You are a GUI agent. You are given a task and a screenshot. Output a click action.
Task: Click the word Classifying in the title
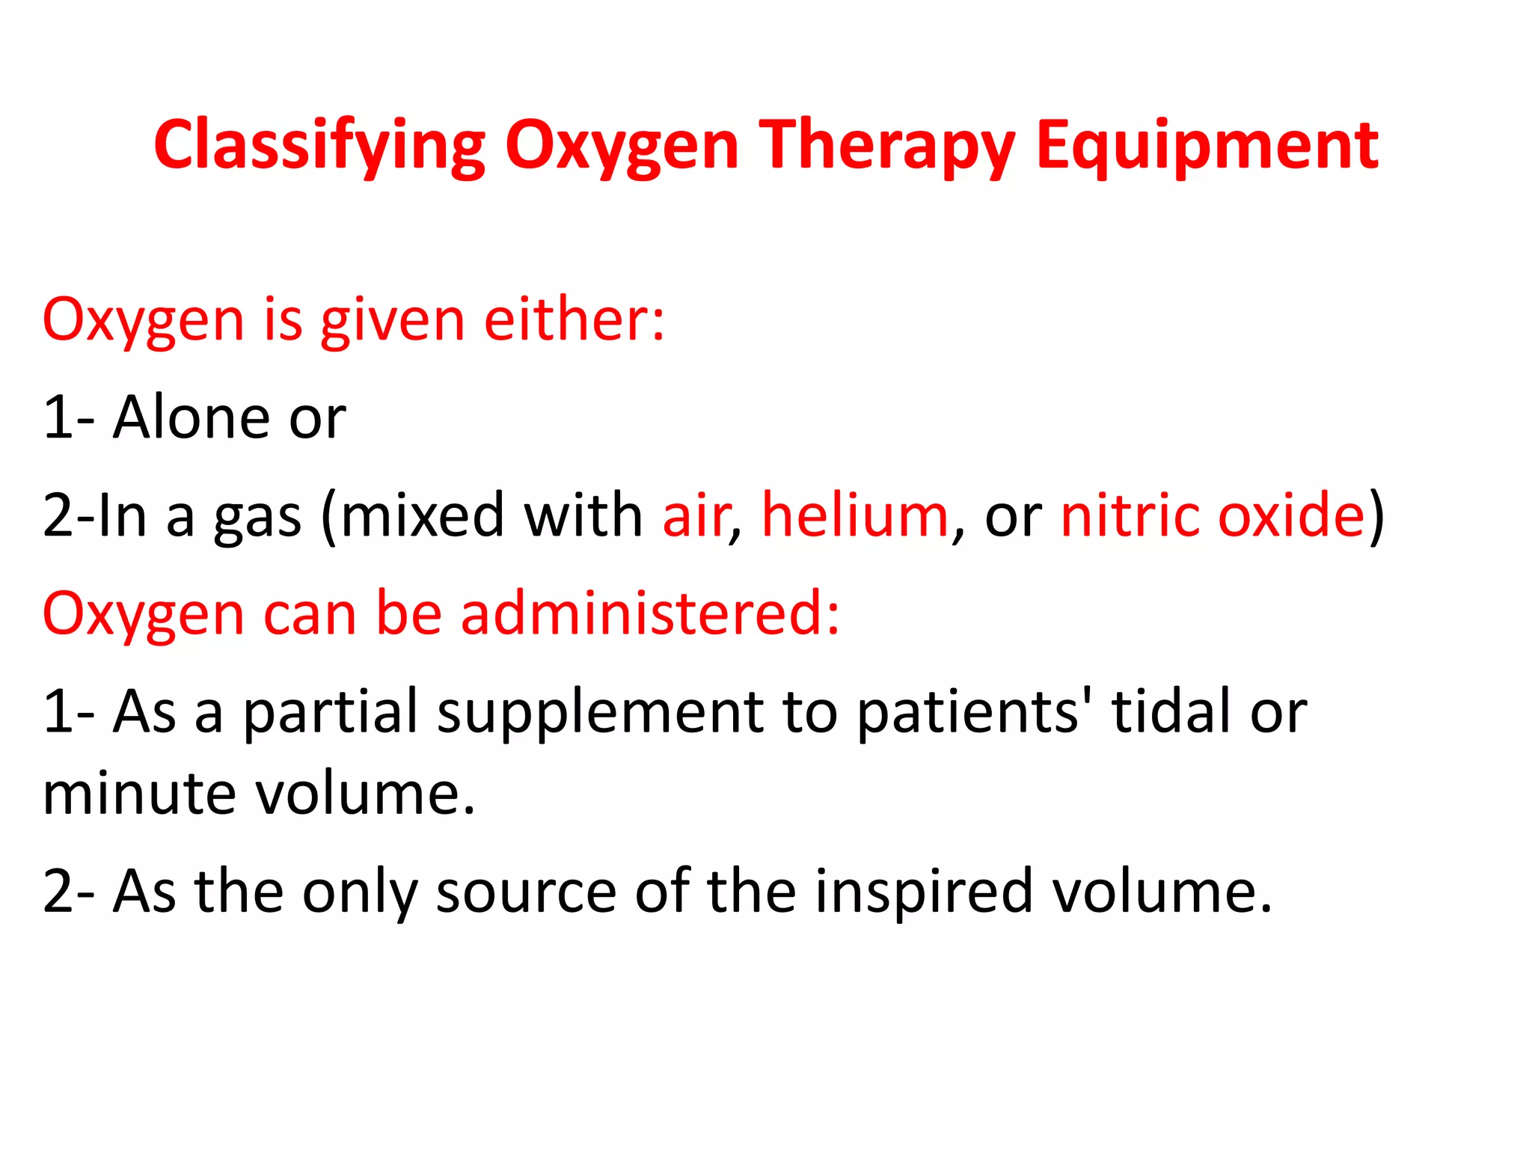319,146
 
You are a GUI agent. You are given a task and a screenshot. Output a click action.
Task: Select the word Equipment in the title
1207,146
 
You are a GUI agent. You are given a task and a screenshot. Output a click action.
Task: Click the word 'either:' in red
574,319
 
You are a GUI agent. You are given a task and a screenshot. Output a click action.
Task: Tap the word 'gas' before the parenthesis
257,516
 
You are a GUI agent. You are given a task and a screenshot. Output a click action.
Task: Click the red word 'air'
695,516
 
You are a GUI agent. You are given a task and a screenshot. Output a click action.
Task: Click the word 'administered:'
650,613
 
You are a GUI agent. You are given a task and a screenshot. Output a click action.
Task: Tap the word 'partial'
330,711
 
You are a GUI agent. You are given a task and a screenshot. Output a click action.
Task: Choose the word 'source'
526,892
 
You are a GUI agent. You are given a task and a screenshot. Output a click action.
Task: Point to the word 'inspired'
923,892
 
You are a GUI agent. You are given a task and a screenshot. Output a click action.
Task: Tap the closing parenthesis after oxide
1376,516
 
